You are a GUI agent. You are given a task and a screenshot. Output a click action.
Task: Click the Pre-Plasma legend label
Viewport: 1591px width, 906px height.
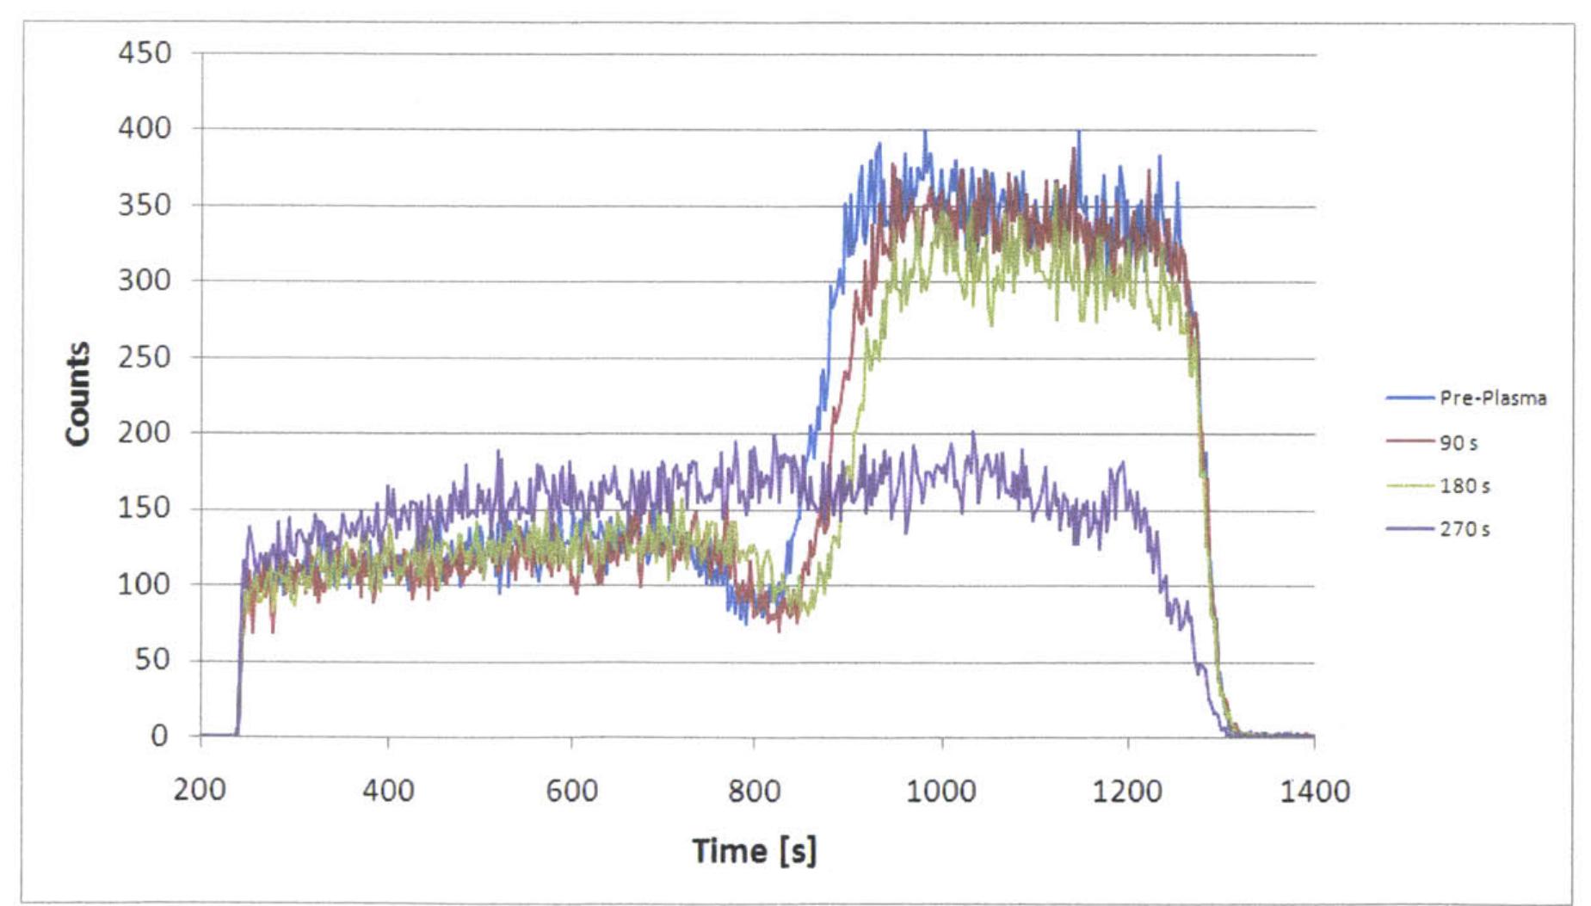click(x=1492, y=398)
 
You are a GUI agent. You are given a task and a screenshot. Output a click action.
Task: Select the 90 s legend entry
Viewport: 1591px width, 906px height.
click(x=1458, y=443)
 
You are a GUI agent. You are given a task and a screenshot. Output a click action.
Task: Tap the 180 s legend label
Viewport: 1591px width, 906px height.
click(x=1465, y=486)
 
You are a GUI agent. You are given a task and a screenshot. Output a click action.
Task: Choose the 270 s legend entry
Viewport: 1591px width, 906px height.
click(x=1465, y=529)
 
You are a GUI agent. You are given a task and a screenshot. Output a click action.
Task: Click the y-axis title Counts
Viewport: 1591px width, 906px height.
click(x=78, y=394)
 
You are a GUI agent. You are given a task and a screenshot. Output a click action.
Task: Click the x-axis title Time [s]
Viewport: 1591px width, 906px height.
click(x=755, y=851)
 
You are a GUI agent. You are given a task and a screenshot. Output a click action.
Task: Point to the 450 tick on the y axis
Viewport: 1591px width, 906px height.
click(x=145, y=53)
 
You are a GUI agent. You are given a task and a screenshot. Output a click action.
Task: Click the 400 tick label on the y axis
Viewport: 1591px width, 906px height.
click(x=145, y=129)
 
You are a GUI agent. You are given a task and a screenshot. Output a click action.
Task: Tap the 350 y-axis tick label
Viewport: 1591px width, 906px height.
click(x=145, y=205)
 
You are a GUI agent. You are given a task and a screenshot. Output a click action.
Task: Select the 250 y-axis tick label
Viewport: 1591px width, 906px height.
click(x=145, y=356)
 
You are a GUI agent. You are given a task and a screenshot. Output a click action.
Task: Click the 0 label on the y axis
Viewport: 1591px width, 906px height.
click(x=159, y=736)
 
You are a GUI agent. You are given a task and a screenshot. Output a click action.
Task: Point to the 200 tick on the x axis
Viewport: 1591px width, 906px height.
click(x=200, y=790)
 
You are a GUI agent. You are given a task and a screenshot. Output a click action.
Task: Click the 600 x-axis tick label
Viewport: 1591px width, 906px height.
click(x=571, y=790)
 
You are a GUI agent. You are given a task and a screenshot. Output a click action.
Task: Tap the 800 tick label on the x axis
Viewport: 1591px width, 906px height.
click(x=755, y=790)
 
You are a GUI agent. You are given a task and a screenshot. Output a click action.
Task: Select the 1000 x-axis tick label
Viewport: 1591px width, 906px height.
click(x=941, y=790)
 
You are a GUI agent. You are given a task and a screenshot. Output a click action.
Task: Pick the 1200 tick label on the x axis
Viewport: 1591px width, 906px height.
click(x=1127, y=790)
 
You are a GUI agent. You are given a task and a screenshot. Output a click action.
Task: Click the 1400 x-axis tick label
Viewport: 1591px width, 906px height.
click(x=1314, y=790)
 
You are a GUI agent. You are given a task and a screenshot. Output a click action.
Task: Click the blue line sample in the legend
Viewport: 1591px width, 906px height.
click(x=1409, y=398)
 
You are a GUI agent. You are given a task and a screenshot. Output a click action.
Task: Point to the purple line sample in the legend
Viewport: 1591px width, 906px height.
click(x=1409, y=529)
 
